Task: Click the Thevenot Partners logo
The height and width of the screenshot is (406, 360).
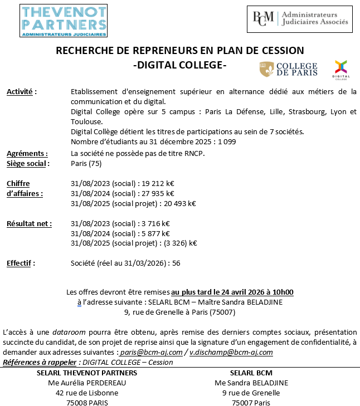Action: click(x=64, y=21)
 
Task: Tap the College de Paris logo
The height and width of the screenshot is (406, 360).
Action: click(x=288, y=70)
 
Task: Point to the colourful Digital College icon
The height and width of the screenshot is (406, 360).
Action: click(x=340, y=69)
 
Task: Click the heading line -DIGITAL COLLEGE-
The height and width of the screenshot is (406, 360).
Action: click(x=180, y=65)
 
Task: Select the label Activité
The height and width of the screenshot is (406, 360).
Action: click(x=21, y=92)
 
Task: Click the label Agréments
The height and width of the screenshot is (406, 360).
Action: click(x=27, y=154)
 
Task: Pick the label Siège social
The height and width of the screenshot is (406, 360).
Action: click(x=28, y=164)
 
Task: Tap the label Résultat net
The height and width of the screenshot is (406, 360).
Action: click(x=29, y=223)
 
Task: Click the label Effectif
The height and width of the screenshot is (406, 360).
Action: click(x=21, y=263)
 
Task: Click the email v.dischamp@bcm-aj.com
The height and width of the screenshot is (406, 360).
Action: click(x=231, y=353)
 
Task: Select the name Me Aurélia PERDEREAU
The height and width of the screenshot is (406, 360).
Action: click(x=86, y=383)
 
